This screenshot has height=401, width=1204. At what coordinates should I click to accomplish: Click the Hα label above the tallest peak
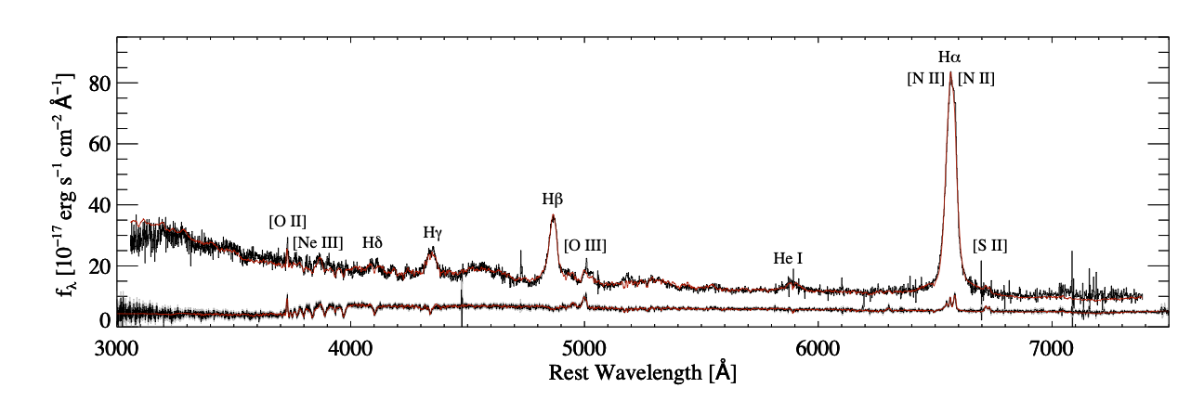(950, 58)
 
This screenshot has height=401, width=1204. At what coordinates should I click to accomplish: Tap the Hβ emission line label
(553, 199)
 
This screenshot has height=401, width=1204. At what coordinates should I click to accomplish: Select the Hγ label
(432, 232)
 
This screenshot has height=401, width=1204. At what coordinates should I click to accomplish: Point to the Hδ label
(373, 242)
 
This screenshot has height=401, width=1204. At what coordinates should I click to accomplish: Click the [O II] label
(287, 221)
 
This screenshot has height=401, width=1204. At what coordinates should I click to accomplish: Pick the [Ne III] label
(318, 242)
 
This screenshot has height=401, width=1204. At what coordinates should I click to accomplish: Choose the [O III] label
(585, 245)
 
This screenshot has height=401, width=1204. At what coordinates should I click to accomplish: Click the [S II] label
(989, 246)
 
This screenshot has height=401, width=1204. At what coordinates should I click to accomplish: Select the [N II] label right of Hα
(976, 80)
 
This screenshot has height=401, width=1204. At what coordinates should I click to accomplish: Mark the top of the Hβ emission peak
(553, 215)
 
